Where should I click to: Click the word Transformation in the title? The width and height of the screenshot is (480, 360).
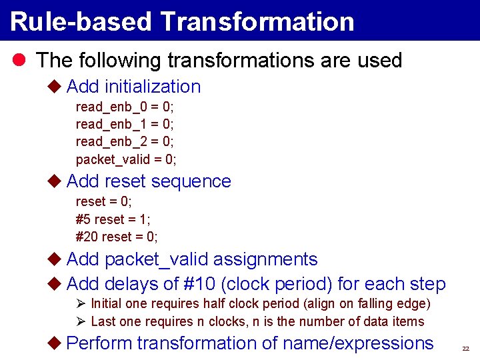(x=257, y=21)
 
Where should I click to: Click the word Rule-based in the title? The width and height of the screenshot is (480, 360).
(x=81, y=21)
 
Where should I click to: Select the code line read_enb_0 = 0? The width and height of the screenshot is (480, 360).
(x=125, y=107)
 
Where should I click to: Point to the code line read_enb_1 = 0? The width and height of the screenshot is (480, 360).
(x=125, y=124)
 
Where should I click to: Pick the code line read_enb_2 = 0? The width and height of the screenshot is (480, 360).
(x=125, y=141)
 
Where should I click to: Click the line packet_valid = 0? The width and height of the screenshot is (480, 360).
(x=126, y=159)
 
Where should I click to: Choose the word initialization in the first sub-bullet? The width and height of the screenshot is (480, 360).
(x=153, y=87)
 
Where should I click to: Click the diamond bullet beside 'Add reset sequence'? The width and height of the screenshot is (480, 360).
(x=55, y=181)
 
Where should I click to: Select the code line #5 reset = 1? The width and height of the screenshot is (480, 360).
(x=113, y=219)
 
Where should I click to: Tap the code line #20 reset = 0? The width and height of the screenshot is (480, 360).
(x=117, y=237)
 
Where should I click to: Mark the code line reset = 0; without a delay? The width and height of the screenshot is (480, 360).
(x=103, y=201)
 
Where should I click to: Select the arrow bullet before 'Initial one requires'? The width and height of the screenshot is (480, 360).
(x=81, y=304)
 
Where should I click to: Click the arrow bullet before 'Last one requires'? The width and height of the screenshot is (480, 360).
(x=81, y=321)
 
